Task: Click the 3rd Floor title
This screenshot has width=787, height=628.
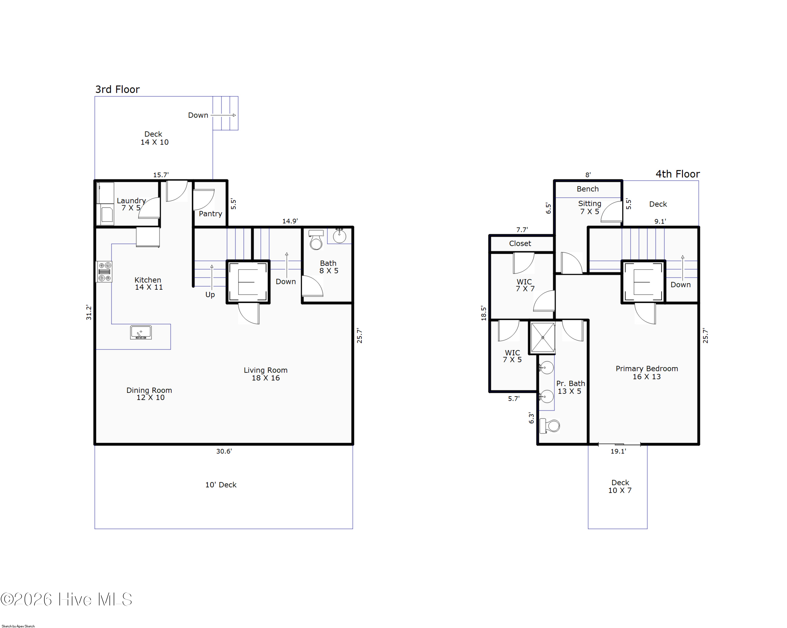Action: [x=117, y=89]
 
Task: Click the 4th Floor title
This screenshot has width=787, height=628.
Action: [x=678, y=174]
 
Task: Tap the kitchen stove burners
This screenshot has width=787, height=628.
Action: [x=104, y=272]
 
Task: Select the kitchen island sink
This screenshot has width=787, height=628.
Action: [x=141, y=333]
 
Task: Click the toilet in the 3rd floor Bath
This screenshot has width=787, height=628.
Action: [x=316, y=240]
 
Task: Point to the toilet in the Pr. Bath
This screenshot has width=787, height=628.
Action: [x=550, y=426]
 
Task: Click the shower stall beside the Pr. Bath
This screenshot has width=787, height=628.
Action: [x=543, y=338]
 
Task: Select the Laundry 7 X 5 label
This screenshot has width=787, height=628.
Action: [x=131, y=204]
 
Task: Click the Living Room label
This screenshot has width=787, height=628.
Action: [x=266, y=374]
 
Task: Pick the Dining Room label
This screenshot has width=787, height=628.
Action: [x=149, y=394]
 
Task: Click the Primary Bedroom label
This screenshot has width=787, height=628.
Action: [x=647, y=372]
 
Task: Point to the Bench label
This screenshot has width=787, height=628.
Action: [x=588, y=189]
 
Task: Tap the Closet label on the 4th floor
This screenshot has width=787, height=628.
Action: [x=520, y=244]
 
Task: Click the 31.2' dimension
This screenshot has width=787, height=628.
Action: [x=89, y=313]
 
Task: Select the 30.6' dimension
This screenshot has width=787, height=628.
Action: [x=224, y=451]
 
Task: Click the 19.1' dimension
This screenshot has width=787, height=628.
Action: [x=618, y=451]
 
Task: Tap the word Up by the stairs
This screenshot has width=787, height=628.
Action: [x=210, y=295]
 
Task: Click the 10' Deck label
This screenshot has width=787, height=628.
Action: [x=221, y=485]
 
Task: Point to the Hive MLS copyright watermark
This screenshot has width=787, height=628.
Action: [x=66, y=599]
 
